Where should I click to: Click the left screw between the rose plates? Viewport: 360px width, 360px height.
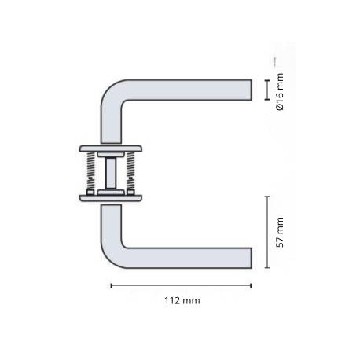coord(93,172)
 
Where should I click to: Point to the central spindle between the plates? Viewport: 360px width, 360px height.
coord(112,172)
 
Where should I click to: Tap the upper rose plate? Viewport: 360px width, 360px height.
coord(111,149)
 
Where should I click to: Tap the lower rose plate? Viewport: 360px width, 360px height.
coord(111,197)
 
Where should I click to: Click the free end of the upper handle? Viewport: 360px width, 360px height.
coord(249,89)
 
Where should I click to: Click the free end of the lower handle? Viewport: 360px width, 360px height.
coord(249,256)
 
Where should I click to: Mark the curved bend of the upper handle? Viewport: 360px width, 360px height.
coord(110,94)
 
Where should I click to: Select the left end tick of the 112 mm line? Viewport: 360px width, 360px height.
coord(110,285)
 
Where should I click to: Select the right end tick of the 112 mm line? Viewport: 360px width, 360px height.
coord(252,285)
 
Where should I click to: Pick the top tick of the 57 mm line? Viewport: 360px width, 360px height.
coord(267,197)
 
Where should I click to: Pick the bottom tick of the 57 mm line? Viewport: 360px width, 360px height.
coord(267,267)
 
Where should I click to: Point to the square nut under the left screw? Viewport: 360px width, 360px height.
coord(93,190)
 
